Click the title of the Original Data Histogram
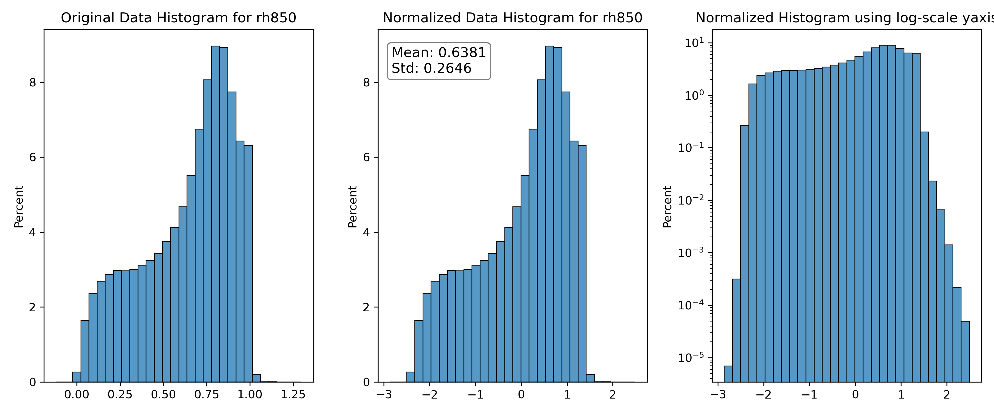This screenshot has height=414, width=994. point(179,18)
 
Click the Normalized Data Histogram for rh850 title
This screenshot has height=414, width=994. point(512,18)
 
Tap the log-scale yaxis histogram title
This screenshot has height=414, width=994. point(845,18)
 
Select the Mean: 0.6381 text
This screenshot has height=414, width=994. point(439,52)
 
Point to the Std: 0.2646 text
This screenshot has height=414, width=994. point(431,68)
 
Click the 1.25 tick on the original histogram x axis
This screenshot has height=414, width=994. point(293,394)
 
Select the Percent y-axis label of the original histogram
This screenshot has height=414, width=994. point(18,207)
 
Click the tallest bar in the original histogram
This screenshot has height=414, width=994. point(215,214)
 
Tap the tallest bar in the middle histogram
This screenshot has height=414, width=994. point(549,214)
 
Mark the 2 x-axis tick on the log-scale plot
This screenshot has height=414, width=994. point(947,394)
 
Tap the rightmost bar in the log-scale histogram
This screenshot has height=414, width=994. point(965,352)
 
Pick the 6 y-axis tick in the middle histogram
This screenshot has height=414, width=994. point(367,157)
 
